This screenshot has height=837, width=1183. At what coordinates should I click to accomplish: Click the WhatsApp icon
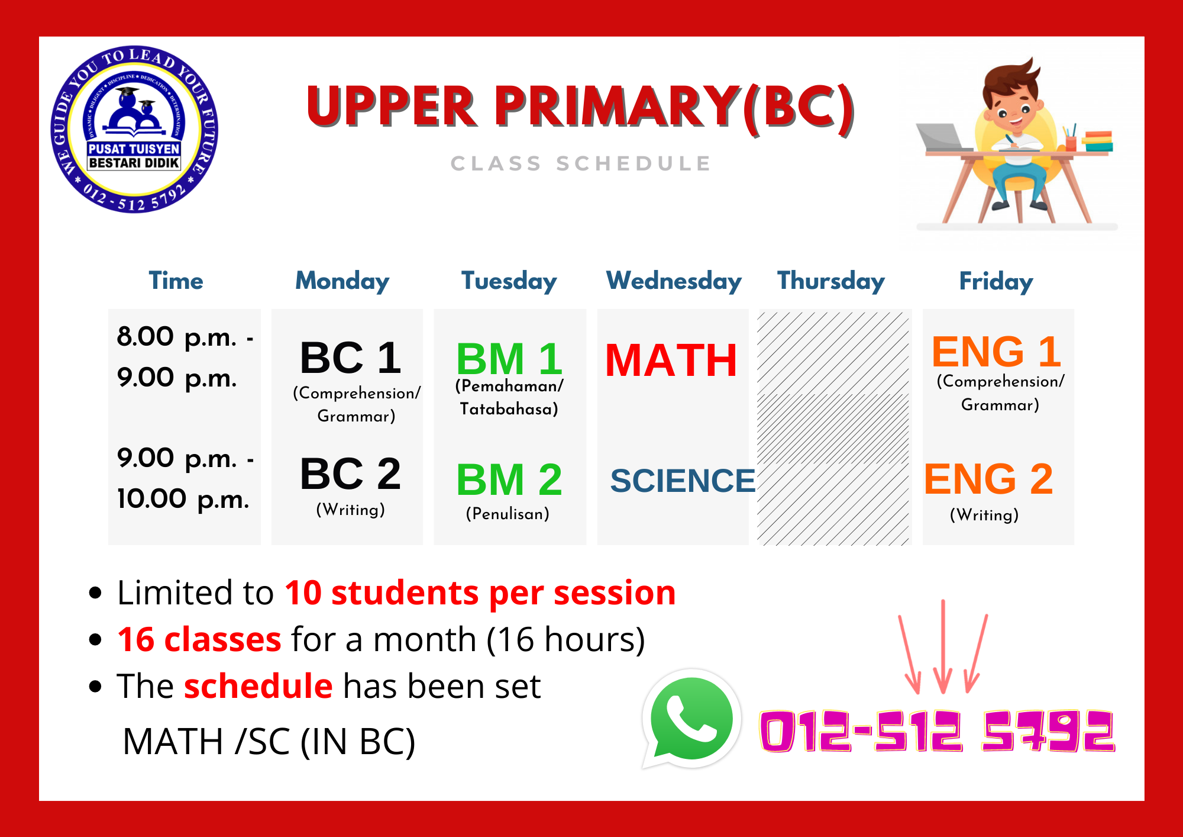(x=691, y=719)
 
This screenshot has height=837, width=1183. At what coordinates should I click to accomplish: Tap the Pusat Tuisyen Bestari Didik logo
(x=134, y=129)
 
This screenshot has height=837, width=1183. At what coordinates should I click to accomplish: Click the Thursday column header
(x=830, y=281)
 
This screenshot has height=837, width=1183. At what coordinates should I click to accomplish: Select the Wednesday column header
(x=674, y=281)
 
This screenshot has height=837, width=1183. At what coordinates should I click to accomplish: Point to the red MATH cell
(x=671, y=360)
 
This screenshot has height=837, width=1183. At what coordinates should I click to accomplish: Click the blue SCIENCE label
(x=683, y=480)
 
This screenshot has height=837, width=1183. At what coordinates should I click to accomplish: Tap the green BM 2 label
(x=509, y=479)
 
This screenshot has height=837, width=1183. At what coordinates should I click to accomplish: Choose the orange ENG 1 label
(x=996, y=352)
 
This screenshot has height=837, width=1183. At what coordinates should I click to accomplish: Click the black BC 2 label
(x=350, y=474)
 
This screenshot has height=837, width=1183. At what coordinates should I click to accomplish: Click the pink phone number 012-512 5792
(x=937, y=731)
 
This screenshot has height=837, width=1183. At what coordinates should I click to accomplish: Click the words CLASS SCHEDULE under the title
(x=581, y=163)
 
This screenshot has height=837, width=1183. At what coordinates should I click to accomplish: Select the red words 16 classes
(x=199, y=640)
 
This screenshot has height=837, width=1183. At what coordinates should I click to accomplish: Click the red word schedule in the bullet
(x=258, y=687)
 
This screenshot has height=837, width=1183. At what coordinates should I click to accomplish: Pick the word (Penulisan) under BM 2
(x=508, y=514)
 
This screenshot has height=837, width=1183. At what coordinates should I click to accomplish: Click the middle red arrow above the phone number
(x=943, y=646)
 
